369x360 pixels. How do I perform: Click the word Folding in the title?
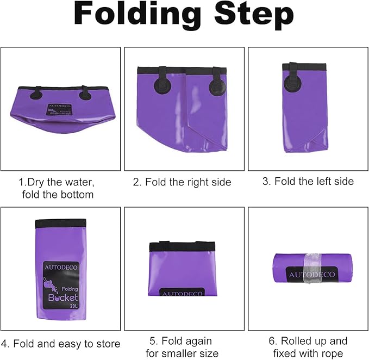pos(137,15)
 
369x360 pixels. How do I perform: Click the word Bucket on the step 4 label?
pos(63,297)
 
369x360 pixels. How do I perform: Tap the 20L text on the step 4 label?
pos(74,306)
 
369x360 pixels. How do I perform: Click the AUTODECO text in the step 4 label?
pos(61,267)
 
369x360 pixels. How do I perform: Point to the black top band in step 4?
pos(61,224)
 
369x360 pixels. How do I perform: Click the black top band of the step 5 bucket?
pos(183,246)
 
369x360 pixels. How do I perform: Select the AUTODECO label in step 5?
pos(182,292)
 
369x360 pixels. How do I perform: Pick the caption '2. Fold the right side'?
pos(182,182)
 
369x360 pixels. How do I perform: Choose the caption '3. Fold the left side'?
pos(308,181)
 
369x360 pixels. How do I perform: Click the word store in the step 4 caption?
pos(108,344)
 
